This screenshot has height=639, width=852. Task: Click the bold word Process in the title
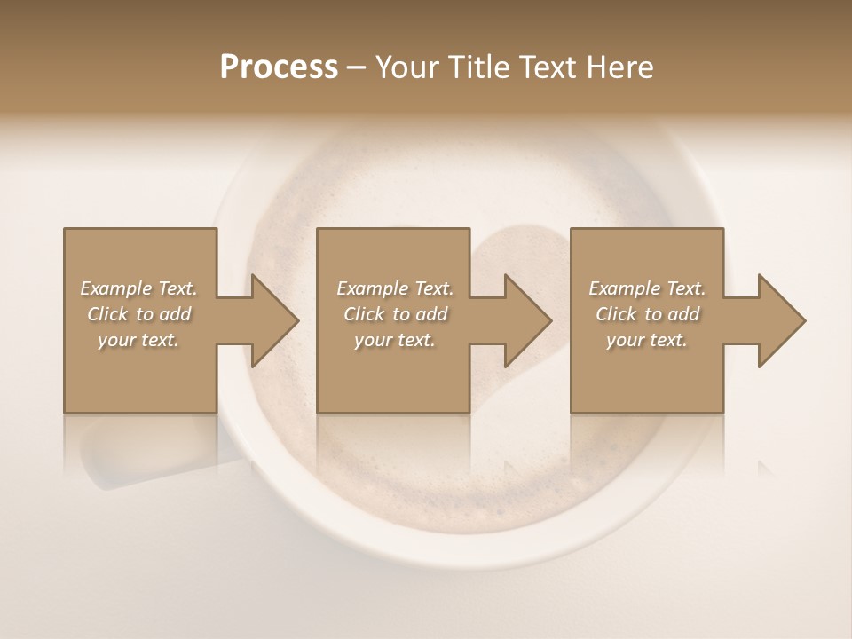pos(279,67)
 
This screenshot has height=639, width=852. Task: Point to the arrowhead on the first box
pos(273,320)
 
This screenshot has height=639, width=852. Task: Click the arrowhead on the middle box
pos(527,320)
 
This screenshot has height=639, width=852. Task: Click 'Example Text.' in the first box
pos(138,288)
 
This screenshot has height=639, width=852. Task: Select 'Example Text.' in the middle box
pos(395,288)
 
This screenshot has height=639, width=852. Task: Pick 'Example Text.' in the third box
pos(647,288)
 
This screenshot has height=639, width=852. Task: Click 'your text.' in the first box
pos(138,340)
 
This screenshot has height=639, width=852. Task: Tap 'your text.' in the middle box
pos(395,340)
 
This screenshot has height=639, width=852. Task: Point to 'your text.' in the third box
pos(647,340)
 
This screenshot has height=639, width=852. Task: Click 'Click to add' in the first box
pos(138,314)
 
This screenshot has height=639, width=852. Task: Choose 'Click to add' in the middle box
pos(395,314)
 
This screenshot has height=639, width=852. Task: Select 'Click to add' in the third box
pos(647,314)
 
